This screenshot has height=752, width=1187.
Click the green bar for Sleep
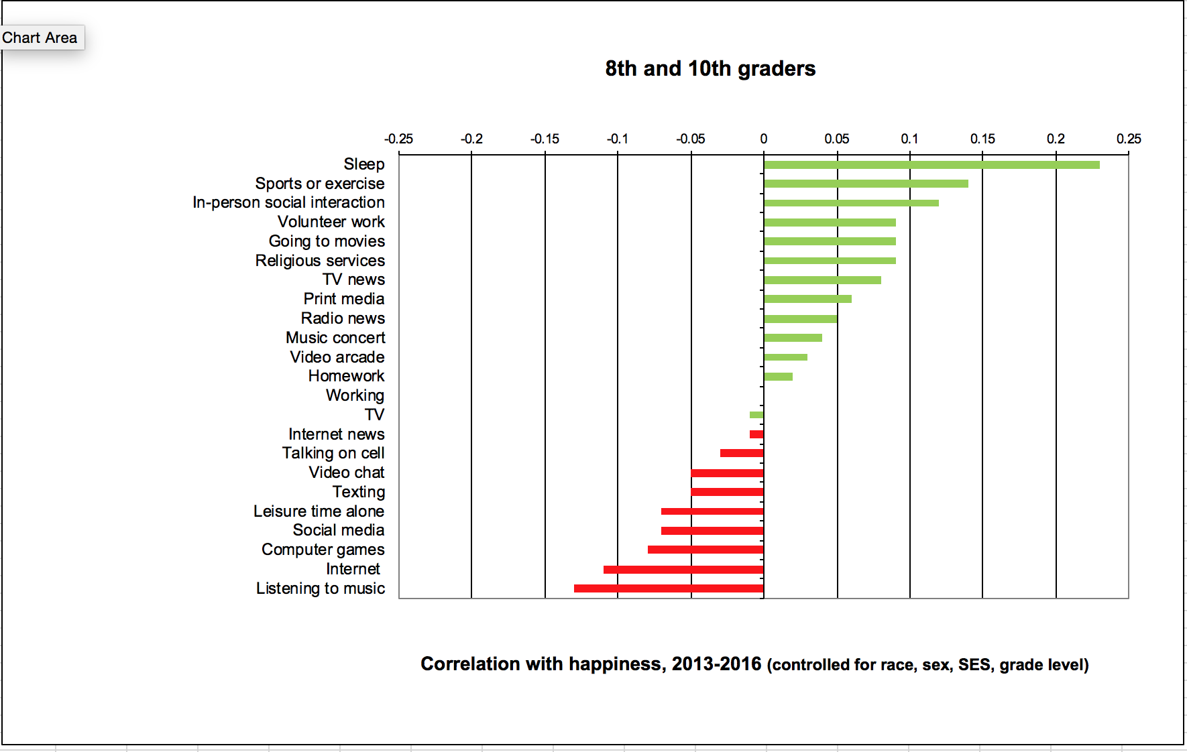931,165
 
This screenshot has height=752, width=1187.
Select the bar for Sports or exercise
865,184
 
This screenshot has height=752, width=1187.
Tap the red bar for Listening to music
669,588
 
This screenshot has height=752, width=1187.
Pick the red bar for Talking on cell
742,453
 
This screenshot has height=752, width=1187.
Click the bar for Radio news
800,319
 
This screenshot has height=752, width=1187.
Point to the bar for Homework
778,377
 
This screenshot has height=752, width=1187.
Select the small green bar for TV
756,415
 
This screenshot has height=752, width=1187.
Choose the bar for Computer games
705,550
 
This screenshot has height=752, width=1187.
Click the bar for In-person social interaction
850,203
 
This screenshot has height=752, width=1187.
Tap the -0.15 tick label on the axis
545,139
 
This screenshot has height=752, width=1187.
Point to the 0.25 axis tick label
1129,139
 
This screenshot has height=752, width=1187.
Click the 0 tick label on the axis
763,139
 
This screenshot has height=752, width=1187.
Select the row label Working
355,395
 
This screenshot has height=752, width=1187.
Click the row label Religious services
320,261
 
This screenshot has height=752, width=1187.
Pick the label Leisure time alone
319,511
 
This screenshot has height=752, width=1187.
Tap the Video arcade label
337,357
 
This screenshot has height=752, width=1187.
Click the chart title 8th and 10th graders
710,68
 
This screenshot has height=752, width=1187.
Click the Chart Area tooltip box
40,38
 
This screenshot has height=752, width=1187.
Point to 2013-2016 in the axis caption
716,664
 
